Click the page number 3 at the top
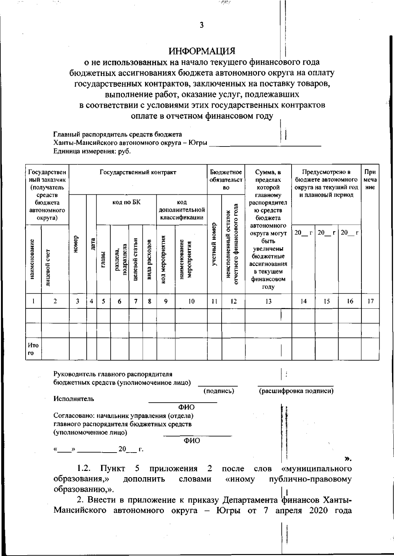pyautogui.click(x=202, y=25)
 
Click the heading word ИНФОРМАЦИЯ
pyautogui.click(x=202, y=51)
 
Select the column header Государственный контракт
pyautogui.click(x=138, y=172)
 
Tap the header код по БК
pyautogui.click(x=126, y=203)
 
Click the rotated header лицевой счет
pyautogui.click(x=48, y=268)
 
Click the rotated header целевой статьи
pyautogui.click(x=135, y=259)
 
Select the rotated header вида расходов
pyautogui.click(x=149, y=259)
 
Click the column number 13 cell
pyautogui.click(x=268, y=301)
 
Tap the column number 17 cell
pyautogui.click(x=370, y=301)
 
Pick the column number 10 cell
pyautogui.click(x=191, y=301)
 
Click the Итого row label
pyautogui.click(x=33, y=349)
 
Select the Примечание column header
pyautogui.click(x=370, y=180)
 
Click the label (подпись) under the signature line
pyautogui.click(x=219, y=391)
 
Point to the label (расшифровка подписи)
pyautogui.click(x=296, y=391)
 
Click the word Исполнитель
pyautogui.click(x=74, y=399)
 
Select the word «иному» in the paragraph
pyautogui.click(x=240, y=479)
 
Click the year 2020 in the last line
pyautogui.click(x=318, y=511)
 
